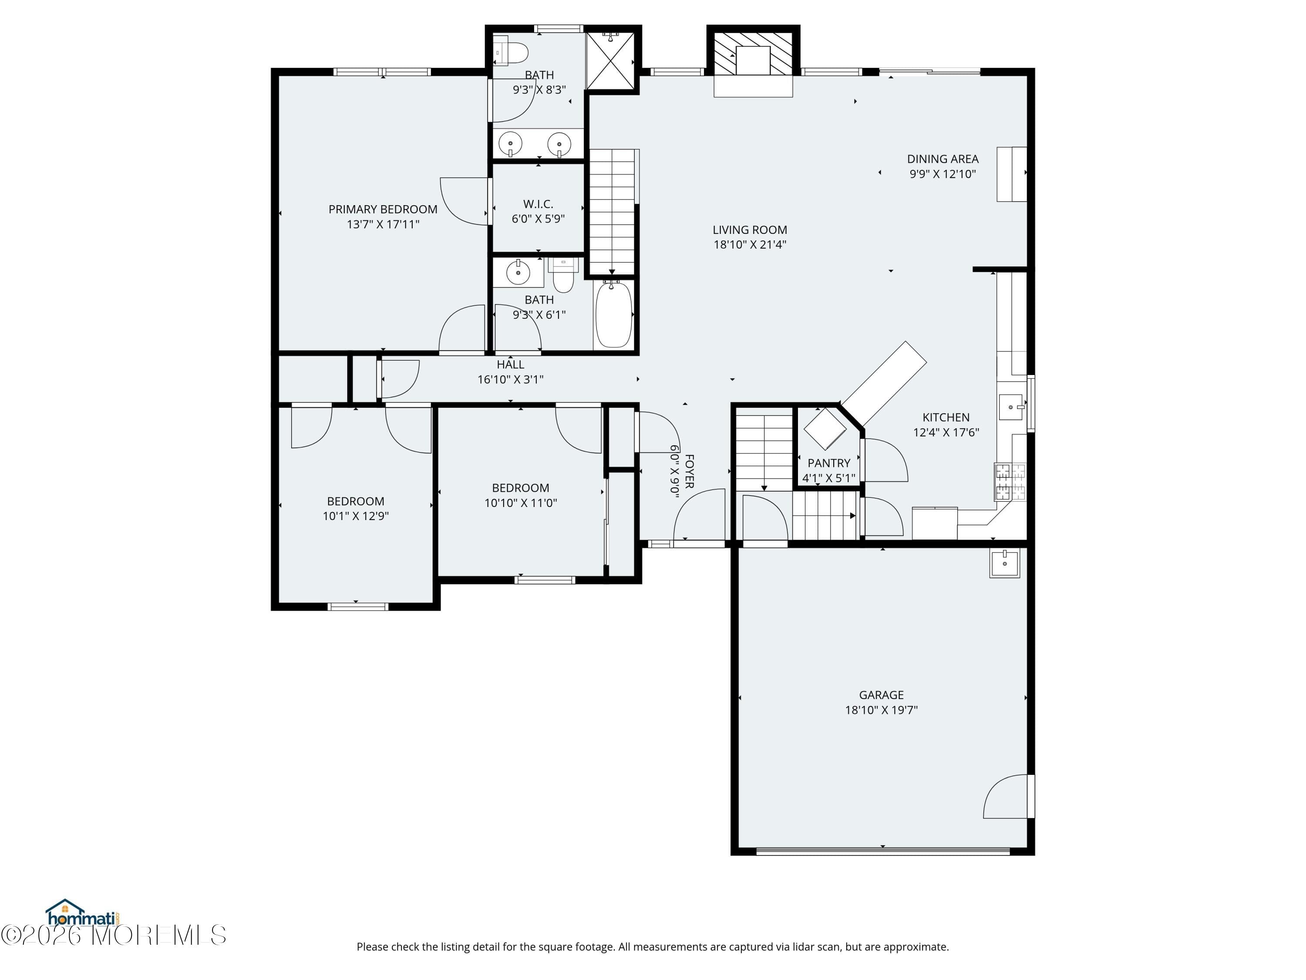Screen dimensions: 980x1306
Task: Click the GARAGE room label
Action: [x=881, y=695]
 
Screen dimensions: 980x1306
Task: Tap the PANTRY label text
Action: [x=828, y=463]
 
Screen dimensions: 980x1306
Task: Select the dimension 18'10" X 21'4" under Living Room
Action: [x=749, y=244]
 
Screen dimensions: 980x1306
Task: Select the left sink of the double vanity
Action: [x=510, y=143]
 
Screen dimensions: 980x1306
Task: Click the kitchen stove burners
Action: [x=1010, y=481]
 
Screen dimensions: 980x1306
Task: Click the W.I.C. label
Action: [x=538, y=204]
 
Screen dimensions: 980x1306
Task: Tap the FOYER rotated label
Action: [x=689, y=471]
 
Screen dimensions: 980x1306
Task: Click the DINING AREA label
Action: [x=942, y=159]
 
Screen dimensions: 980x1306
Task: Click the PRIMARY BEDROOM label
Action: [x=383, y=209]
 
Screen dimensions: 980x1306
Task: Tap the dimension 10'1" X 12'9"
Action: [x=355, y=516]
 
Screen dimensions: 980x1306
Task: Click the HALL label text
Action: [x=510, y=365]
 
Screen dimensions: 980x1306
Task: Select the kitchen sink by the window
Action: [x=1011, y=407]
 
